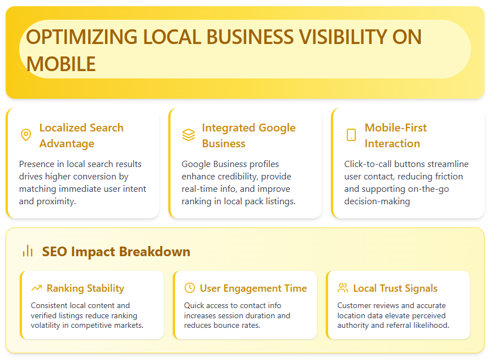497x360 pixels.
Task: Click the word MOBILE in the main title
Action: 61,64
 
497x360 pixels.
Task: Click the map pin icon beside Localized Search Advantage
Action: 25,135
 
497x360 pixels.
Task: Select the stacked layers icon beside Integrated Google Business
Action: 188,135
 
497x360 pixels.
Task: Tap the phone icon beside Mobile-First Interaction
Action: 351,135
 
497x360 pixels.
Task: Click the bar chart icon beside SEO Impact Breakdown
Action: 28,251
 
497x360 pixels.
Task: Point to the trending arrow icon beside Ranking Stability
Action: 37,288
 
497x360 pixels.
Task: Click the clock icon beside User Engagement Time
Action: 190,288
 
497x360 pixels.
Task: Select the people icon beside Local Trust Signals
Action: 343,288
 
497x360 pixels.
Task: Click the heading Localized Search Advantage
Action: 81,135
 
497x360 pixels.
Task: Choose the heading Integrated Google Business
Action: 249,135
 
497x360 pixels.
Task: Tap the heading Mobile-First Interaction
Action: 395,135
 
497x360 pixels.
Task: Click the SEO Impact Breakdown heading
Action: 116,252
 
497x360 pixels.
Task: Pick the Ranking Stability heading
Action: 85,288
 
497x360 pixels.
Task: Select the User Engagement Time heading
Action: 253,288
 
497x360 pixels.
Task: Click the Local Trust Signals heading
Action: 395,288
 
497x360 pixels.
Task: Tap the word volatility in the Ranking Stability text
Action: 48,325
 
